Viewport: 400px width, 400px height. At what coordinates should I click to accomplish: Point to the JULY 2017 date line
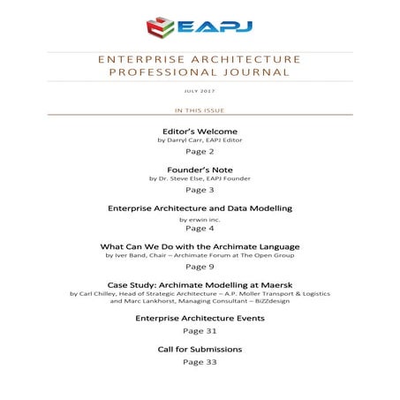pyautogui.click(x=200, y=91)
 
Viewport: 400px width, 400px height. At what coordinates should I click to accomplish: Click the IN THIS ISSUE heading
pyautogui.click(x=200, y=110)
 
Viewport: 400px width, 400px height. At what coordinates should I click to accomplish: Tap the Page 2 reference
pyautogui.click(x=200, y=151)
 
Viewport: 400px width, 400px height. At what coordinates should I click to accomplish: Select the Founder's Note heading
pyautogui.click(x=200, y=169)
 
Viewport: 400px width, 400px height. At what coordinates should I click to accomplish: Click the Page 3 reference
pyautogui.click(x=200, y=189)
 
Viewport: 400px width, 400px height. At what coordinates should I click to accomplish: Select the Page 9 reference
pyautogui.click(x=200, y=266)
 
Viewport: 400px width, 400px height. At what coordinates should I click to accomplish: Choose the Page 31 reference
pyautogui.click(x=200, y=330)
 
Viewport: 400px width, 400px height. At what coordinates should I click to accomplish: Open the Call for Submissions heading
pyautogui.click(x=200, y=350)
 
